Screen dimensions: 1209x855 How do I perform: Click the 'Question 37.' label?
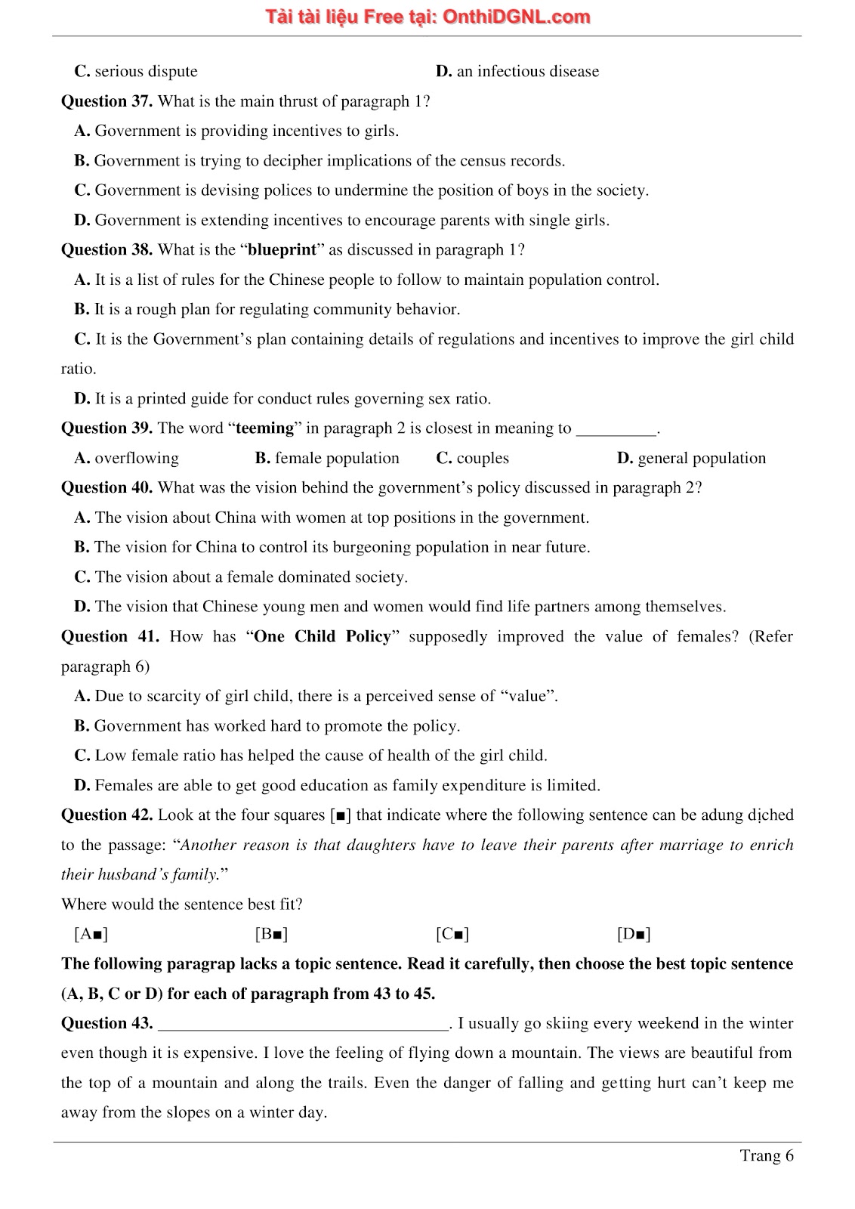pyautogui.click(x=106, y=101)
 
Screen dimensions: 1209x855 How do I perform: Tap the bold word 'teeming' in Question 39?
pyautogui.click(x=264, y=428)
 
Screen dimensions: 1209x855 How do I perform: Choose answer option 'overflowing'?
pyautogui.click(x=136, y=458)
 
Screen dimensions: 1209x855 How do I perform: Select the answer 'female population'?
pyautogui.click(x=336, y=458)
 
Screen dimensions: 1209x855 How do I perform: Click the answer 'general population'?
pyautogui.click(x=701, y=458)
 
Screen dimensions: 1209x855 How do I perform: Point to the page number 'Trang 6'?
pyautogui.click(x=766, y=1155)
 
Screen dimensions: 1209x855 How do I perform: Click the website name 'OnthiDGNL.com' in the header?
pyautogui.click(x=516, y=17)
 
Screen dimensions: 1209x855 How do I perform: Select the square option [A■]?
pyautogui.click(x=91, y=934)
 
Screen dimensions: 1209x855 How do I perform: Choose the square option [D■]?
pyautogui.click(x=634, y=934)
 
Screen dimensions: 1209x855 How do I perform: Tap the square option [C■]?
pyautogui.click(x=452, y=934)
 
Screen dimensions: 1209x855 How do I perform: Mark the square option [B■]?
pyautogui.click(x=271, y=934)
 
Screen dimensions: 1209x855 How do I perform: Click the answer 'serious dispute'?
pyautogui.click(x=145, y=71)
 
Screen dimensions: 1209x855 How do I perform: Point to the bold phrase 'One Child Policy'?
pyautogui.click(x=322, y=636)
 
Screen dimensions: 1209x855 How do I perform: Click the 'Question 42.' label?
pyautogui.click(x=106, y=815)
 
